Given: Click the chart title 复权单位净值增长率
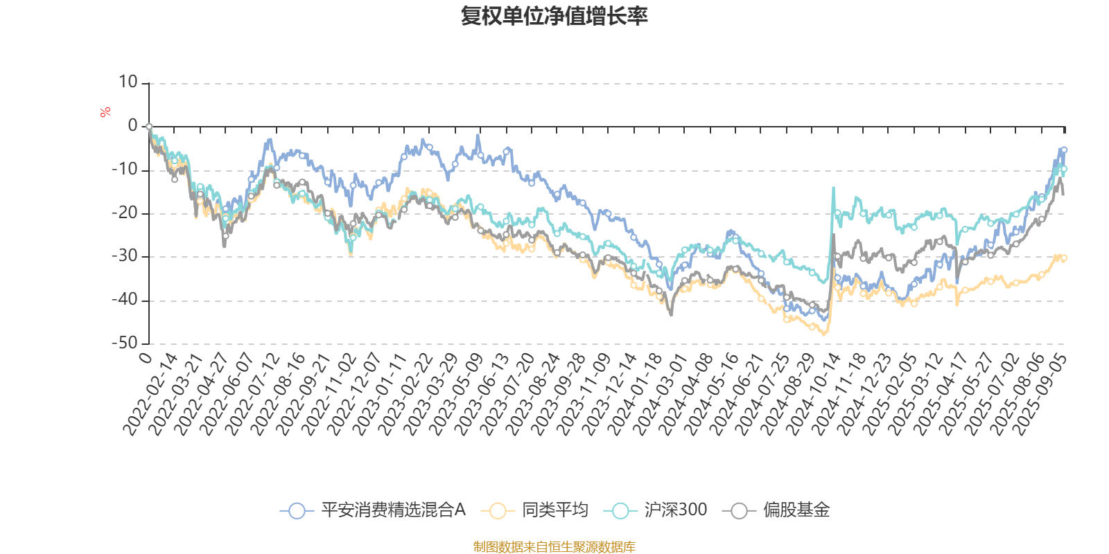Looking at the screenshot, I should [554, 17].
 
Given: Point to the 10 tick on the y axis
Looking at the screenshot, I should [128, 82].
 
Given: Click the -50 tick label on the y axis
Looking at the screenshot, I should [125, 343].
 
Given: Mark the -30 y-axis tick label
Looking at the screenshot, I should [125, 256].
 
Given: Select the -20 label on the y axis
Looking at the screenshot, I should [125, 213].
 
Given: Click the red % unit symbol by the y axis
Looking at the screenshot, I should [105, 112].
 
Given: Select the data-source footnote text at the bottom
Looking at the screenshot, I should [554, 547].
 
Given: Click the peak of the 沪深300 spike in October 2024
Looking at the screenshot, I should [833, 188].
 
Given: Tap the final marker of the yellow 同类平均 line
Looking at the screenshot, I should [1064, 258].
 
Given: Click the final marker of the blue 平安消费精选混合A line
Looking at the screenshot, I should [1064, 150].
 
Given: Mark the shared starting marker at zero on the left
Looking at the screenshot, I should [149, 127].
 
